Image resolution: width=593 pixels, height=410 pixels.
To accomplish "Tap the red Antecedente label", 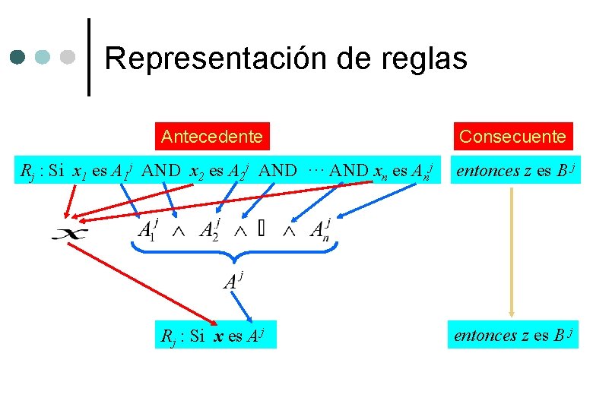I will [x=212, y=137].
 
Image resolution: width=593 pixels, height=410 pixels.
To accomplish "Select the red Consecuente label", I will [x=513, y=137].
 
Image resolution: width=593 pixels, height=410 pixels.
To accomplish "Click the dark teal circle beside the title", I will [x=19, y=56].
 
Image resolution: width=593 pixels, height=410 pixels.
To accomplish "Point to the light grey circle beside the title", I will [x=68, y=56].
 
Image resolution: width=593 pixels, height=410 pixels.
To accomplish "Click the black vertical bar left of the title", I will [x=89, y=57].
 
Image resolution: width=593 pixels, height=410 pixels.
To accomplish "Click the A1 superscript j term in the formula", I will [x=147, y=230].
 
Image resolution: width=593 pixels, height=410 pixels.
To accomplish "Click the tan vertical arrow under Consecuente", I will [x=512, y=251].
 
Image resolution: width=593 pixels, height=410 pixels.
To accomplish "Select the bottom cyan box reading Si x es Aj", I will [x=216, y=335].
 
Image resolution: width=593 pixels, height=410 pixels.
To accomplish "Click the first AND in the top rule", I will [x=160, y=171].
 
